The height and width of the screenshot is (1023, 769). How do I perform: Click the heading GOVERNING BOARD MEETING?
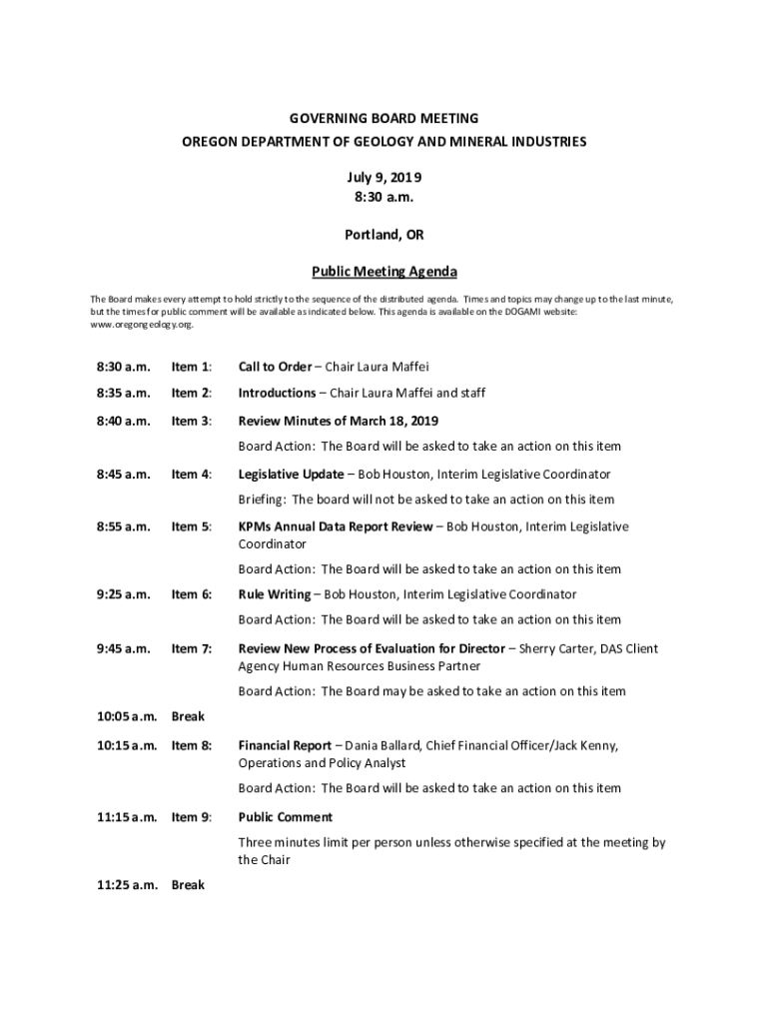[x=384, y=118]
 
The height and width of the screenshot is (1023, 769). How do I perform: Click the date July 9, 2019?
[x=384, y=177]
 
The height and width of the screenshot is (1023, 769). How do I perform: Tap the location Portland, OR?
[x=384, y=236]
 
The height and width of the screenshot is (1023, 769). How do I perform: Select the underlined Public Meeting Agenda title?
[x=384, y=271]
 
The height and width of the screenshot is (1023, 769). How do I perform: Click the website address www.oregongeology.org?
[x=141, y=325]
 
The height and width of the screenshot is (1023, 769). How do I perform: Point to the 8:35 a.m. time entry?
[x=123, y=393]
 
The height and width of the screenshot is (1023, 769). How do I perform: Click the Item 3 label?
[x=191, y=421]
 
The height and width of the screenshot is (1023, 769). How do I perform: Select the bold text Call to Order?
[x=275, y=367]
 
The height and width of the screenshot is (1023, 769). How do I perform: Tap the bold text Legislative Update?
[x=291, y=474]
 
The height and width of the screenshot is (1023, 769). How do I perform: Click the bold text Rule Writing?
[x=274, y=594]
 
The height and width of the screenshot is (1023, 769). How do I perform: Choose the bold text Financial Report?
[x=284, y=745]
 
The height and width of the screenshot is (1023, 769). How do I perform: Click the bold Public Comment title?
[x=285, y=817]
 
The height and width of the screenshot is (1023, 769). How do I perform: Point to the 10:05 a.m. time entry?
[x=127, y=716]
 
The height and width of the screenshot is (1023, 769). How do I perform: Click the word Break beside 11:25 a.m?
[x=188, y=884]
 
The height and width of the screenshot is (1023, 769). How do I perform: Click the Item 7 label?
[x=191, y=648]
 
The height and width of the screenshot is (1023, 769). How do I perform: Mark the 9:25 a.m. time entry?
[x=123, y=594]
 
